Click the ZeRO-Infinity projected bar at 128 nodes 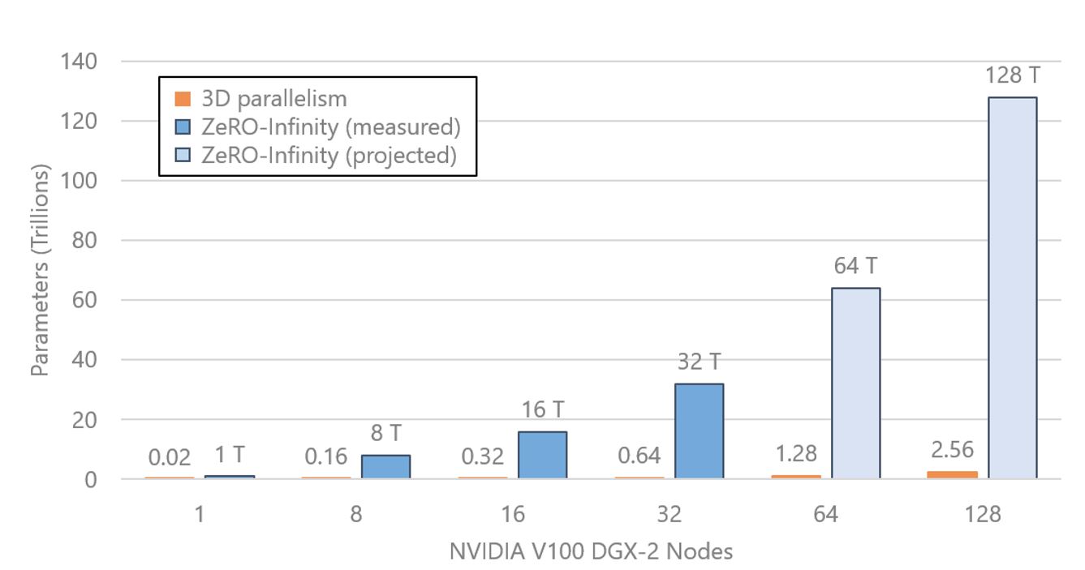pyautogui.click(x=1012, y=288)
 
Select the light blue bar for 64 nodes pyautogui.click(x=855, y=384)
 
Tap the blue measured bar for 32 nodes pyautogui.click(x=699, y=431)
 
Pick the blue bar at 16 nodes pyautogui.click(x=542, y=455)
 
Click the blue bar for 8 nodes pyautogui.click(x=385, y=467)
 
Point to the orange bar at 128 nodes pyautogui.click(x=953, y=475)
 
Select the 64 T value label pyautogui.click(x=855, y=267)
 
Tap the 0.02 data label pyautogui.click(x=170, y=457)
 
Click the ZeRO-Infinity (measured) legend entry pyautogui.click(x=316, y=126)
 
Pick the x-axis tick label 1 pyautogui.click(x=200, y=515)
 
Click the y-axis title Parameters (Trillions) pyautogui.click(x=40, y=270)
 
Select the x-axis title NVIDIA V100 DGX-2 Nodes pyautogui.click(x=591, y=552)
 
